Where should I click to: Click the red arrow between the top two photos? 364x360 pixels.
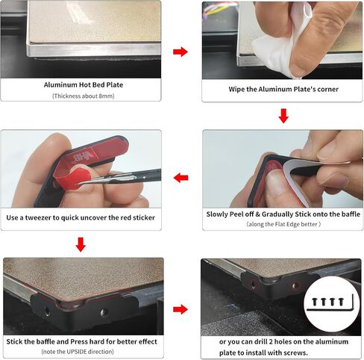(181, 52)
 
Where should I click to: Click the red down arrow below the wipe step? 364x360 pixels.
(283, 116)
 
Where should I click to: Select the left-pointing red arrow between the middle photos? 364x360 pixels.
(181, 178)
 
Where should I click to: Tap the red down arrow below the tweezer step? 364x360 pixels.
(81, 244)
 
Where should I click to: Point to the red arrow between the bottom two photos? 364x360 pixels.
(181, 309)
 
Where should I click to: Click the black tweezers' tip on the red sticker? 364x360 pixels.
(79, 184)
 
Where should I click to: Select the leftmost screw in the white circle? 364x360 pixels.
(315, 302)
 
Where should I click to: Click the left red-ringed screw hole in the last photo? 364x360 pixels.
(254, 284)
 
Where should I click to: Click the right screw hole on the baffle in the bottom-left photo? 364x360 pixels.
(104, 312)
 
